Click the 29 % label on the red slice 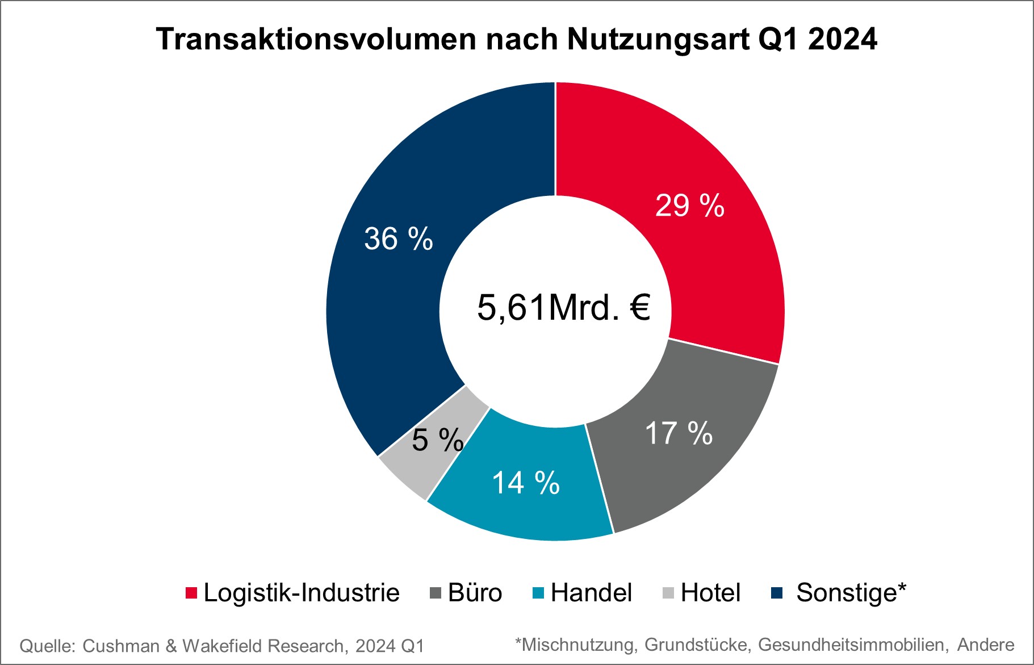coord(689,206)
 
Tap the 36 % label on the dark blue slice coord(398,239)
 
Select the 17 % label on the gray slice coord(679,434)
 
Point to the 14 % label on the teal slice coord(525,483)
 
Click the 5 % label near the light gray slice coord(437,440)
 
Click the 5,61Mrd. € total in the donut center coord(563,308)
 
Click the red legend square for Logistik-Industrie coord(191,593)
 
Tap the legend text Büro coord(475,593)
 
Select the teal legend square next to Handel coord(538,593)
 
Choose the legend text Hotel coord(710,593)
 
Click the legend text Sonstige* coord(851,593)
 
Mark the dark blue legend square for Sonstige coord(777,593)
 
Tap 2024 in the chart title coord(842,40)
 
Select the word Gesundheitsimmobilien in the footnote coord(852,645)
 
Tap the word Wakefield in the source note coord(223,646)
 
